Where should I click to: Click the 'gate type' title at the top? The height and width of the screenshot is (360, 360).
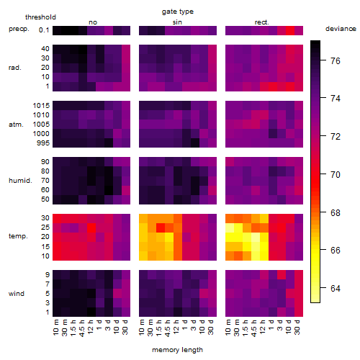[178, 12]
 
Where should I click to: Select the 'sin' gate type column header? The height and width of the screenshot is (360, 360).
[177, 22]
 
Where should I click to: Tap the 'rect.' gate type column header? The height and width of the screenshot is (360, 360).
[262, 22]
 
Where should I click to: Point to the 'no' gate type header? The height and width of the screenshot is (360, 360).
[93, 22]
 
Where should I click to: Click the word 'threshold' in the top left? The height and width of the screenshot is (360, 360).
[40, 17]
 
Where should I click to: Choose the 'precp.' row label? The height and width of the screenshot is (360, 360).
[19, 29]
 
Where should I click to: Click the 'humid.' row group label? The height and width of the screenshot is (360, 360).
[20, 181]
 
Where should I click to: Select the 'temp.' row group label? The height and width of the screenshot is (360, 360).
[18, 236]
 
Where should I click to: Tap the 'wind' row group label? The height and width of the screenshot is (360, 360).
[17, 294]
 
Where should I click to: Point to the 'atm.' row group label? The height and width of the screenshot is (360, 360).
[16, 125]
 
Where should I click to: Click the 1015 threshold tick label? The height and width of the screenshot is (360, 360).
[41, 106]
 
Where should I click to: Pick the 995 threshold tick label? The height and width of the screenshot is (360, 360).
[43, 143]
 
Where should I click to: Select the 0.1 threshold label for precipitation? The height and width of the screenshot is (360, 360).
[44, 30]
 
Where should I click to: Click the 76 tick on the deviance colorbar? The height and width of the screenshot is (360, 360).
[336, 61]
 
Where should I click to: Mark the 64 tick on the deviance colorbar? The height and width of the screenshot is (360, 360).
[336, 288]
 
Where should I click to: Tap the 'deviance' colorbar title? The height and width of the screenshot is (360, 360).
[341, 29]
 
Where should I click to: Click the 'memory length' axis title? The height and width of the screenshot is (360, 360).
[178, 350]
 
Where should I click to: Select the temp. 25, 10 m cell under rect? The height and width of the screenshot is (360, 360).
[230, 228]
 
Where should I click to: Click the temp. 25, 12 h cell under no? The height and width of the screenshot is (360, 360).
[91, 228]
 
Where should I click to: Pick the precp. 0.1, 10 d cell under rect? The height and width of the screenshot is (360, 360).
[290, 30]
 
